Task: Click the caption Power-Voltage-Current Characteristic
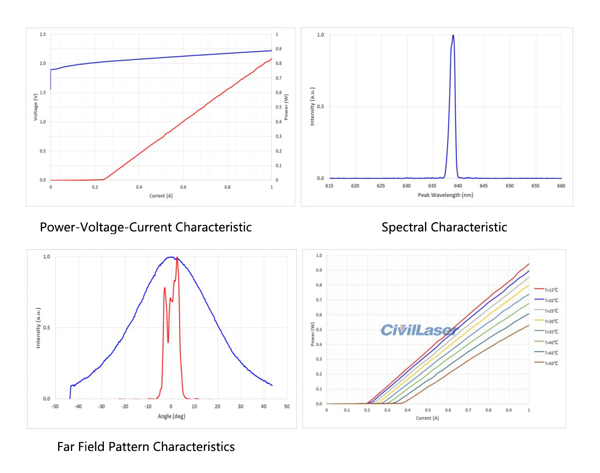click(146, 227)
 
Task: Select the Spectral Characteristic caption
click(444, 227)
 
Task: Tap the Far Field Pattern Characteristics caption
click(146, 447)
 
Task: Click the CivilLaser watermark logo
click(418, 330)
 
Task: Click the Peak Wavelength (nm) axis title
click(445, 195)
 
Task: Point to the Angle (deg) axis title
click(171, 416)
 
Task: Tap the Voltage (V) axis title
click(36, 107)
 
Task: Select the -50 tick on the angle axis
click(55, 407)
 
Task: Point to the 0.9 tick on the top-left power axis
click(277, 49)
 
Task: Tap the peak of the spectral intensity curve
click(453, 36)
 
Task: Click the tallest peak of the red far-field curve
click(177, 258)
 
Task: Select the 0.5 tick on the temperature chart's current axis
click(427, 411)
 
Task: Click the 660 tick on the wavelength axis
click(561, 186)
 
